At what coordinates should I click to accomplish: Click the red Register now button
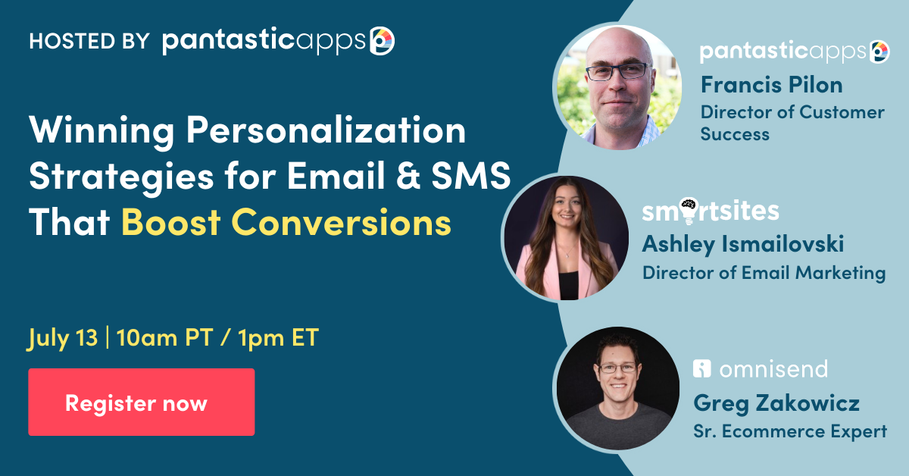[141, 402]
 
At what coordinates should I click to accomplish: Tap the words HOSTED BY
[89, 41]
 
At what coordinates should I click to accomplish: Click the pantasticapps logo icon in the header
[381, 41]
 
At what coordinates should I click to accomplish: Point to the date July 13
[63, 338]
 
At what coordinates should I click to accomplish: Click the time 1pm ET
[278, 338]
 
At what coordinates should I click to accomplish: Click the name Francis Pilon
[772, 84]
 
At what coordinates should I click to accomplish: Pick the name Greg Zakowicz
[776, 403]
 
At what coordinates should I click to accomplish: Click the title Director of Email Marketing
[764, 272]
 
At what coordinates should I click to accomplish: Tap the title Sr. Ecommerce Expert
[789, 431]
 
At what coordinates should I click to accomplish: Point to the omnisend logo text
[773, 370]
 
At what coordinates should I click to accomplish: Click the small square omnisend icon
[702, 369]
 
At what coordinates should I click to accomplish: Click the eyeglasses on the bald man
[617, 72]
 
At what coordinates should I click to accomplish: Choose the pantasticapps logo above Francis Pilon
[794, 52]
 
